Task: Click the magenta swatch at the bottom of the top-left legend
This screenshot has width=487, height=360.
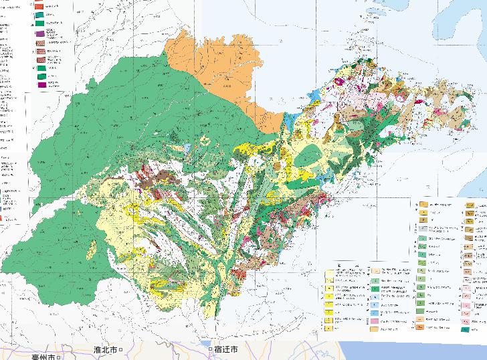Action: point(42,85)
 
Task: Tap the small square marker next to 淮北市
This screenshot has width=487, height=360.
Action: point(122,350)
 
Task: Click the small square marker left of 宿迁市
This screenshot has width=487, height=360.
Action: point(211,350)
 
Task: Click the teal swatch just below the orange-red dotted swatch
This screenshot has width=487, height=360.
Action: point(39,15)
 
